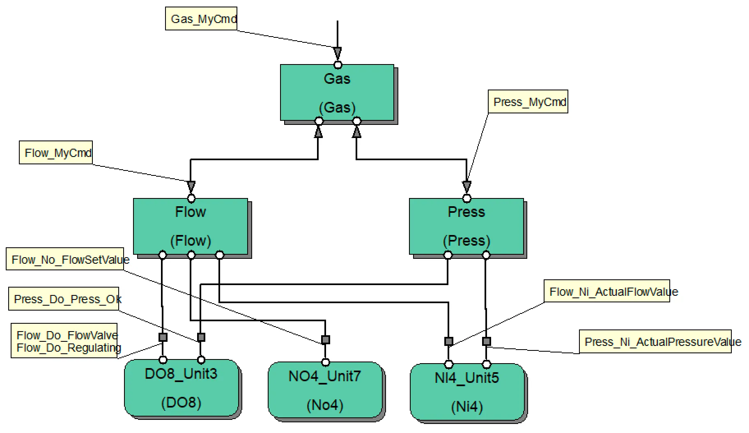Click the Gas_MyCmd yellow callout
[201, 19]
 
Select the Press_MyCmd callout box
[528, 102]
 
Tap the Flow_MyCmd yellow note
[56, 153]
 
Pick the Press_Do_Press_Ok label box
[64, 299]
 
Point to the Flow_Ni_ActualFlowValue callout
[607, 292]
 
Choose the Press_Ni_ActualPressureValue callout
[655, 342]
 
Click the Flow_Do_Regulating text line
[68, 348]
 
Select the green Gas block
[337, 93]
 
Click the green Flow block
[191, 226]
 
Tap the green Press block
[466, 226]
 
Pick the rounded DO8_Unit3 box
[182, 388]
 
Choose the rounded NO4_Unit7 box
[325, 391]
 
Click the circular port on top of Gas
[338, 64]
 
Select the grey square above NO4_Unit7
[325, 340]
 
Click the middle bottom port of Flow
[191, 255]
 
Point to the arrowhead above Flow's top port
[191, 187]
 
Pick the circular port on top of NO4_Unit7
[325, 362]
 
